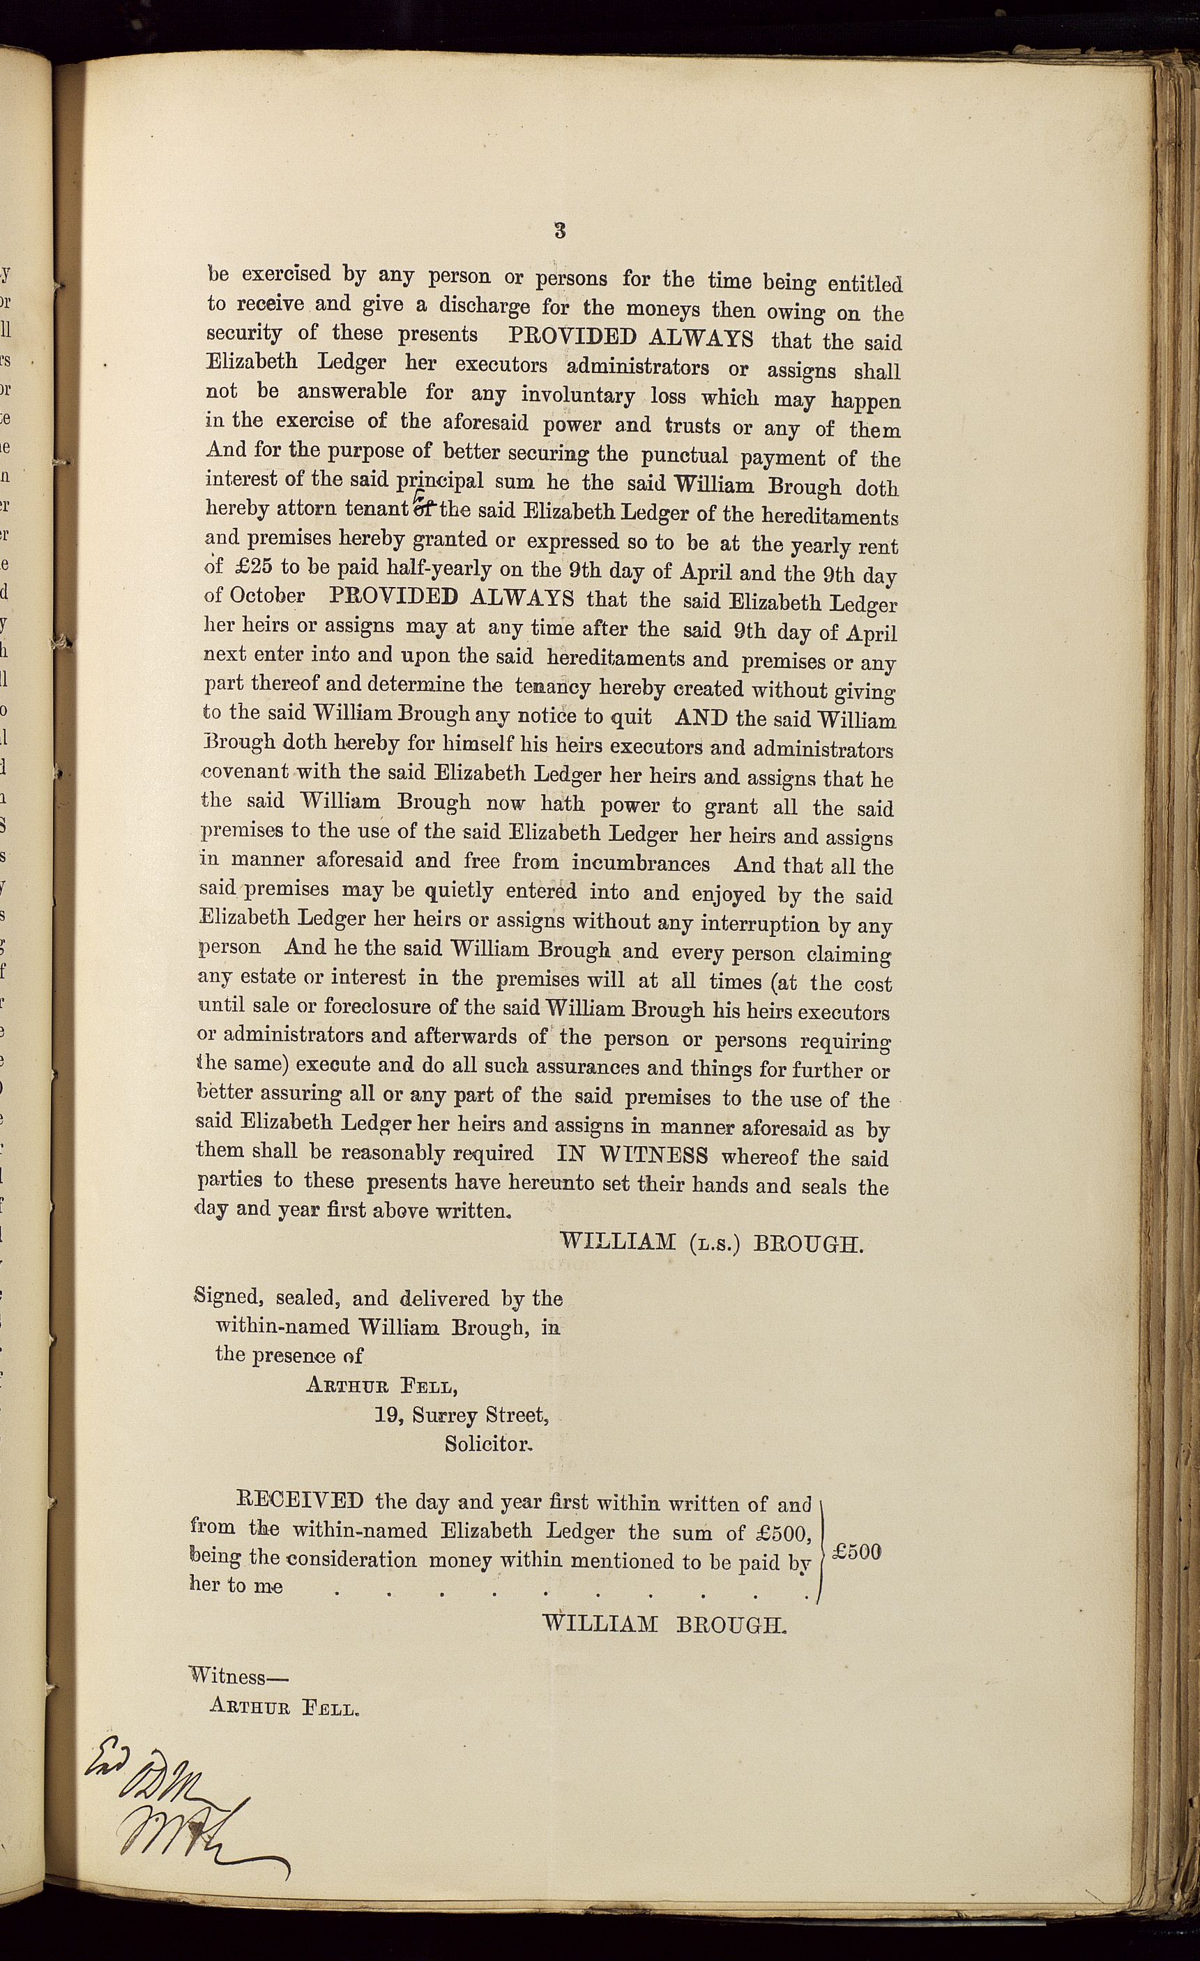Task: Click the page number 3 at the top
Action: coord(560,231)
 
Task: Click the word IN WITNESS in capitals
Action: coord(632,1154)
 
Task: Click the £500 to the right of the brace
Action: coord(857,1551)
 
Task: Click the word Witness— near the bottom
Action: coord(239,1675)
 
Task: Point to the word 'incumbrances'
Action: coord(640,864)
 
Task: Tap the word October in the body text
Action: coord(266,596)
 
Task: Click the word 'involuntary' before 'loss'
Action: coord(577,395)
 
